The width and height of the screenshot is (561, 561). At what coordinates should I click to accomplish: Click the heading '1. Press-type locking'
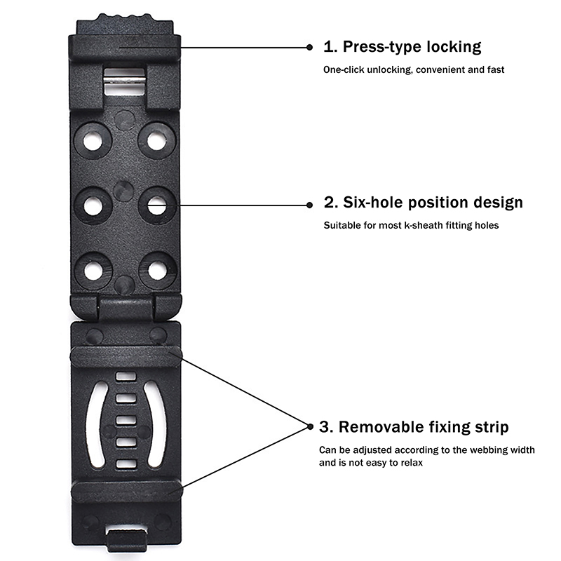[x=402, y=47]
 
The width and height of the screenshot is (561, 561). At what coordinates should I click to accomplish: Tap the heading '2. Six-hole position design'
[x=423, y=203]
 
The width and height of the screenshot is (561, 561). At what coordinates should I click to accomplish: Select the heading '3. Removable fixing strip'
[x=414, y=427]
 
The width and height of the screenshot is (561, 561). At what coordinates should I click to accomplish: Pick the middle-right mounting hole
[x=156, y=205]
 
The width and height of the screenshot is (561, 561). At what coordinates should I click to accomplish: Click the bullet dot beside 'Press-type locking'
[x=309, y=47]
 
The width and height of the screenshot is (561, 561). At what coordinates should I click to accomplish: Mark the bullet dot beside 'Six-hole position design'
[x=309, y=204]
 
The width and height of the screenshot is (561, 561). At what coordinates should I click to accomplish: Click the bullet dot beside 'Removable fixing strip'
[x=309, y=425]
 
